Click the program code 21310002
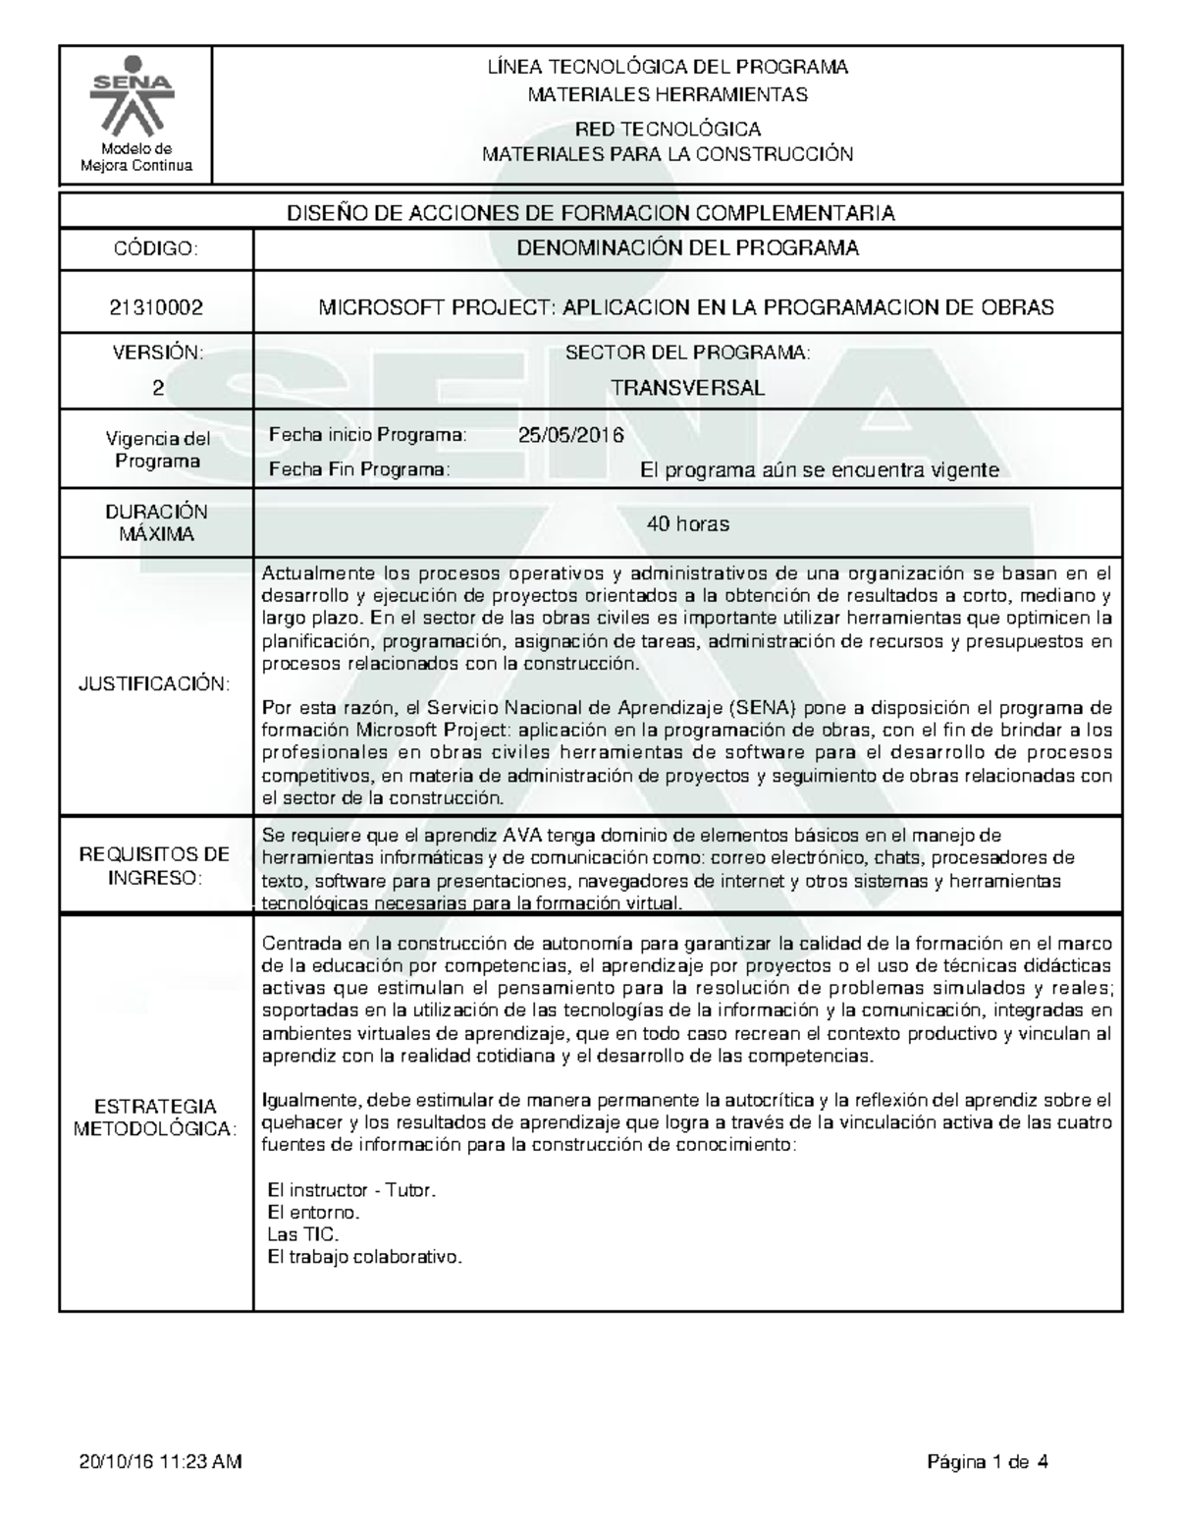pyautogui.click(x=156, y=307)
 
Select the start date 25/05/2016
pyautogui.click(x=570, y=435)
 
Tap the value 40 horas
pyautogui.click(x=687, y=524)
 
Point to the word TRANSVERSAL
pyautogui.click(x=687, y=388)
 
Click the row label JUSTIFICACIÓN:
pyautogui.click(x=156, y=684)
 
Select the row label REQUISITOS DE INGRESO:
pyautogui.click(x=156, y=865)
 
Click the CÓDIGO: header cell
pyautogui.click(x=156, y=248)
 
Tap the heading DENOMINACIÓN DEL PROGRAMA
pyautogui.click(x=687, y=248)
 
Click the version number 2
pyautogui.click(x=156, y=388)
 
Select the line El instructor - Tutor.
pyautogui.click(x=351, y=1190)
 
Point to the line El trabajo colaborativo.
pyautogui.click(x=364, y=1257)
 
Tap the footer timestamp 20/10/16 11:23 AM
pyautogui.click(x=160, y=1463)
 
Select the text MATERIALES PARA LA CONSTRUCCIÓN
pyautogui.click(x=668, y=154)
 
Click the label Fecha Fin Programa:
pyautogui.click(x=359, y=470)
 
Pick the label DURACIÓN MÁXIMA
pyautogui.click(x=156, y=523)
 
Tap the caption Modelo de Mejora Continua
pyautogui.click(x=135, y=157)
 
